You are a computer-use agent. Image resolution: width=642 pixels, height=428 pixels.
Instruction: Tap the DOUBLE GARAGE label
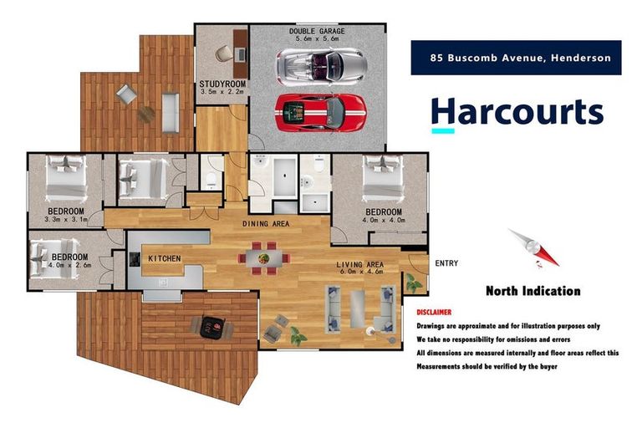pyautogui.click(x=317, y=31)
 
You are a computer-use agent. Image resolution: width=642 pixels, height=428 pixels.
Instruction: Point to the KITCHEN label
pyautogui.click(x=165, y=259)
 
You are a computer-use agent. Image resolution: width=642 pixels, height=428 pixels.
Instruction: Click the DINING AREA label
pyautogui.click(x=266, y=223)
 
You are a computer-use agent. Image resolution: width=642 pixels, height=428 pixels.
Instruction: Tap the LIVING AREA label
pyautogui.click(x=359, y=265)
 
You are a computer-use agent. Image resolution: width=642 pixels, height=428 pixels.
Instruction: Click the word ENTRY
pyautogui.click(x=446, y=263)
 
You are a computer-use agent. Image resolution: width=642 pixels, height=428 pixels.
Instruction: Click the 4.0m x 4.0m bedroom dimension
pyautogui.click(x=383, y=221)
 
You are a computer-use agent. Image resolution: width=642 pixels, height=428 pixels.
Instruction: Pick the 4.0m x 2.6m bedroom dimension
pyautogui.click(x=70, y=267)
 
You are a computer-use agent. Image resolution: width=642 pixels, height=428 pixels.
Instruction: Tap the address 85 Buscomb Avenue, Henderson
pyautogui.click(x=520, y=59)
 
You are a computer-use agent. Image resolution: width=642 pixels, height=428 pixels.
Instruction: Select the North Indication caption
pyautogui.click(x=532, y=292)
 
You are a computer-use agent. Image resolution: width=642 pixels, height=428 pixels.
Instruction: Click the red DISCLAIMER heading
pyautogui.click(x=440, y=312)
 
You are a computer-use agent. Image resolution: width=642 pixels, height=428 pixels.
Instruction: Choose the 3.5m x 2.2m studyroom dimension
pyautogui.click(x=221, y=93)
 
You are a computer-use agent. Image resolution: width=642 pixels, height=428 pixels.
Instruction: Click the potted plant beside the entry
pyautogui.click(x=413, y=283)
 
